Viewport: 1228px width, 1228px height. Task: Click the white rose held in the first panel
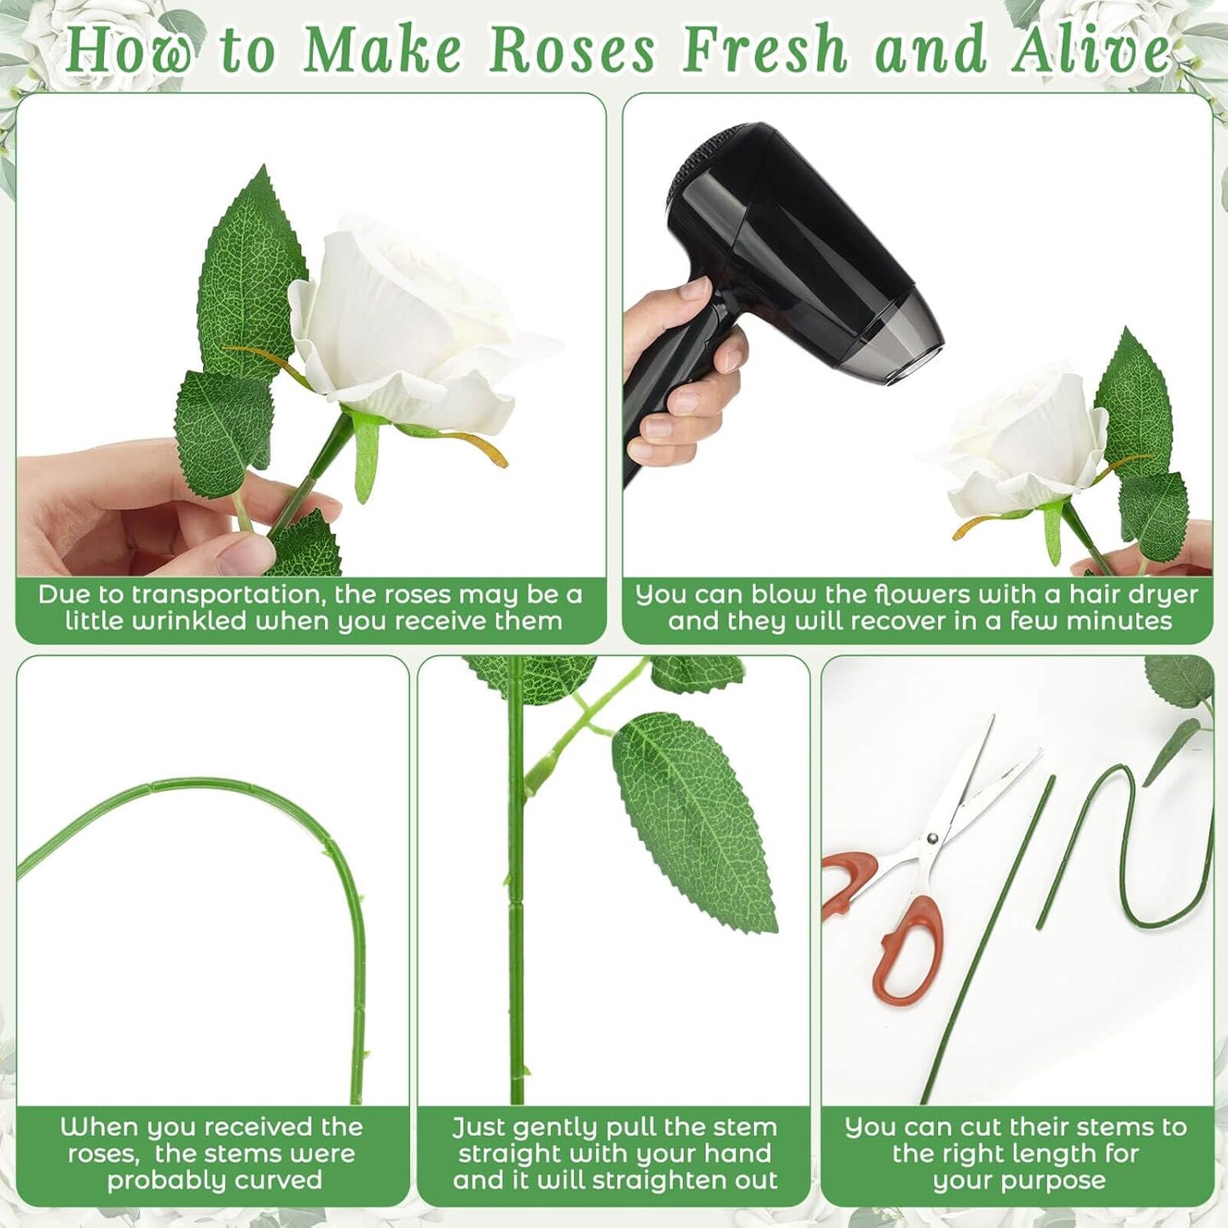click(408, 332)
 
